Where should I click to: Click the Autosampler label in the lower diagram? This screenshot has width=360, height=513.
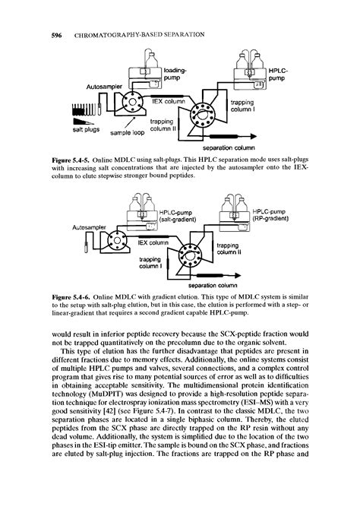pyautogui.click(x=90, y=226)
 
